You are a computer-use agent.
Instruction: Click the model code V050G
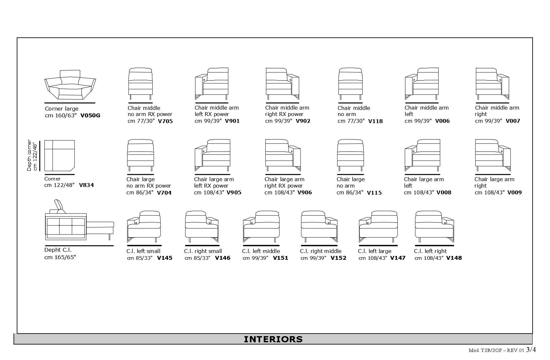90,115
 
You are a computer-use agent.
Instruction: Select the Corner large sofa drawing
70,85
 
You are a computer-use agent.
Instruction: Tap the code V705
165,122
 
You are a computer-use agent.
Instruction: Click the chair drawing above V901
212,84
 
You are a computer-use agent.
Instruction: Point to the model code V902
303,121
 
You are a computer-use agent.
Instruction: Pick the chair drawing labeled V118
350,84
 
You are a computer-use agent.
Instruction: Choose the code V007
513,121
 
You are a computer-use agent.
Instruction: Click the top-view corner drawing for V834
60,156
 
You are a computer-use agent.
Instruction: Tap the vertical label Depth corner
32,155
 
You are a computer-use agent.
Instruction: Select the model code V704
164,193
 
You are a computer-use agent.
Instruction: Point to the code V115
374,193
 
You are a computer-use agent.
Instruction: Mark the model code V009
514,193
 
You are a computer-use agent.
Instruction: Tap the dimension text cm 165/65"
60,257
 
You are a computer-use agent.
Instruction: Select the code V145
165,258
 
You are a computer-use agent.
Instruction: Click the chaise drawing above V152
319,227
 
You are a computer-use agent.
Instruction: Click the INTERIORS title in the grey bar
273,339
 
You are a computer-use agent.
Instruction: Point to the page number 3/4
531,350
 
